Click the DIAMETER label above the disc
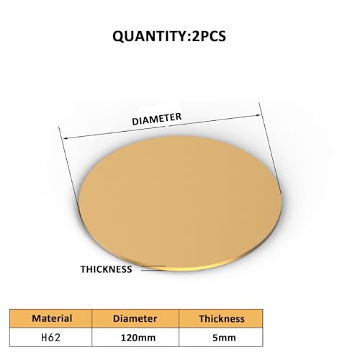(156, 120)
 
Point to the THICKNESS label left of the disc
(106, 269)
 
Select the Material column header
(52, 318)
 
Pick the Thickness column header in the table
(222, 318)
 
